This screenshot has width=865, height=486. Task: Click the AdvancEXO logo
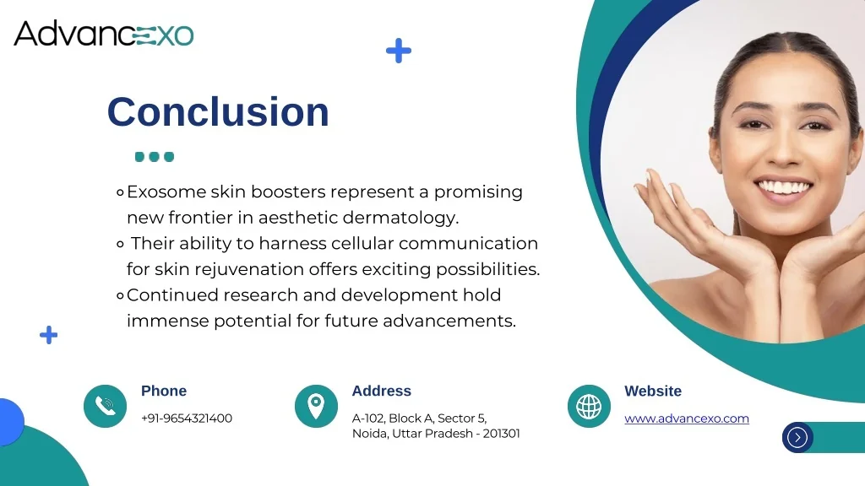coord(104,34)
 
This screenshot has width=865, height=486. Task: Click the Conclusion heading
coord(218,112)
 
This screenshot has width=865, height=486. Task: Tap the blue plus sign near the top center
coord(399,51)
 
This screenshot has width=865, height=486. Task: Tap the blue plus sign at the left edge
coord(49,335)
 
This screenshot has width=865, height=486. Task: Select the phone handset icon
coord(105,406)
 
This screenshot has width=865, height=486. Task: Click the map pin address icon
coord(316,406)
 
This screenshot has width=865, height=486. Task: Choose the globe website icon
coord(589,406)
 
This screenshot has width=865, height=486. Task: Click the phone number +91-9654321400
coord(187,418)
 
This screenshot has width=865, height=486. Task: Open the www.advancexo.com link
coord(686,418)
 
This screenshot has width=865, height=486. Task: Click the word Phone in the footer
coord(164,391)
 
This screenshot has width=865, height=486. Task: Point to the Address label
coord(381,391)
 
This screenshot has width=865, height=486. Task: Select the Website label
coord(652,391)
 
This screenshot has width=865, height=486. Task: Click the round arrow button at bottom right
coord(797,437)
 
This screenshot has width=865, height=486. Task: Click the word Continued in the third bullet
coord(172,295)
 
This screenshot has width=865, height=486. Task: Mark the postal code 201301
coord(502,434)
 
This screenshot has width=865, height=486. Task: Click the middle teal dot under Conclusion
coord(154,157)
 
